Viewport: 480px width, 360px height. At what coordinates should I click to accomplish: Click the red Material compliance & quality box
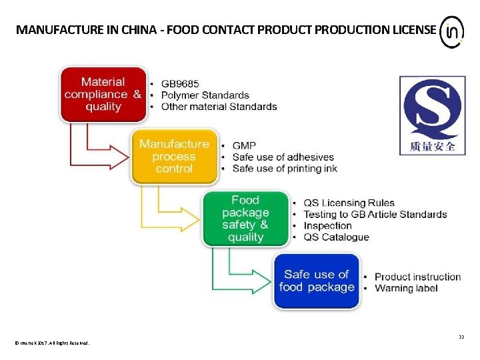click(x=103, y=94)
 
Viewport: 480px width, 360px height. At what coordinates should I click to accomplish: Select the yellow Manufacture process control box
click(x=174, y=157)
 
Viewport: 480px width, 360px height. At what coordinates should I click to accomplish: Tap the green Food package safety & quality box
click(x=245, y=219)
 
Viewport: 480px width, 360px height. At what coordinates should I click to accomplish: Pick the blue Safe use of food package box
click(x=317, y=281)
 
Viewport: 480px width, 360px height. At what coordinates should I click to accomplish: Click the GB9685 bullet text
click(x=179, y=84)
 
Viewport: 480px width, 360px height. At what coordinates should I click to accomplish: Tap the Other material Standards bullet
click(x=219, y=107)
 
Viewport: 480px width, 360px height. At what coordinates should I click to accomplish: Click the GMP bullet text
click(x=244, y=145)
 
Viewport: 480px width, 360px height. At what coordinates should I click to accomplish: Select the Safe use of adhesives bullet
click(x=283, y=157)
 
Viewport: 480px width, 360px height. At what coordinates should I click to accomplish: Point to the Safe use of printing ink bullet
click(x=285, y=169)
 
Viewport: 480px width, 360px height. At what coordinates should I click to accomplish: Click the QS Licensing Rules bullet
click(x=349, y=203)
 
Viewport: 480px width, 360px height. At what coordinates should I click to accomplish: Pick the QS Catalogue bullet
click(x=336, y=237)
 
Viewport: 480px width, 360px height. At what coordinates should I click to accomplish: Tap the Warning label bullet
click(x=406, y=288)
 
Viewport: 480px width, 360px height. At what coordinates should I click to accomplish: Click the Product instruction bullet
click(x=417, y=277)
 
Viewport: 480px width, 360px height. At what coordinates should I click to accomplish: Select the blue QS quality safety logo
click(x=432, y=115)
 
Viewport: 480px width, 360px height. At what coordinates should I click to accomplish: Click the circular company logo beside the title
click(x=452, y=31)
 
